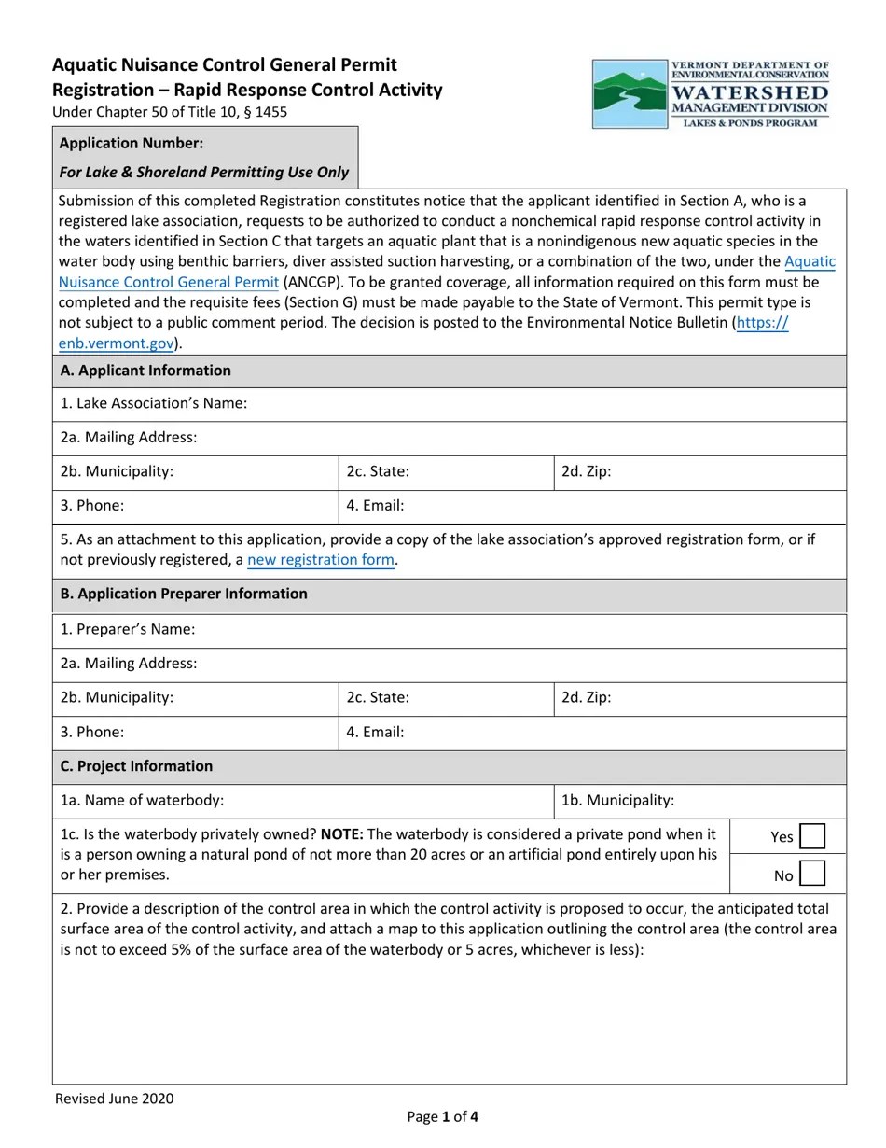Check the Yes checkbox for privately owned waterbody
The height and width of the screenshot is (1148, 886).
[x=812, y=836]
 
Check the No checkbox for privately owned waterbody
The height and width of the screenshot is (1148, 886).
[x=812, y=874]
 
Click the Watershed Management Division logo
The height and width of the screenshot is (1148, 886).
[x=711, y=94]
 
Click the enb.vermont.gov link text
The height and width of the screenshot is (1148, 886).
[x=117, y=343]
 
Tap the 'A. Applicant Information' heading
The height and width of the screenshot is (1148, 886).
[x=145, y=371]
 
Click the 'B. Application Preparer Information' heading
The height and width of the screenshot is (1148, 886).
[x=184, y=594]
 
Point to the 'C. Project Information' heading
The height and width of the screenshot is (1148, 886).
[x=136, y=766]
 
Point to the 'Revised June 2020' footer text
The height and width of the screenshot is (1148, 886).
[x=114, y=1099]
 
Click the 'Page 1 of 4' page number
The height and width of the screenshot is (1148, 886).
[x=443, y=1116]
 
